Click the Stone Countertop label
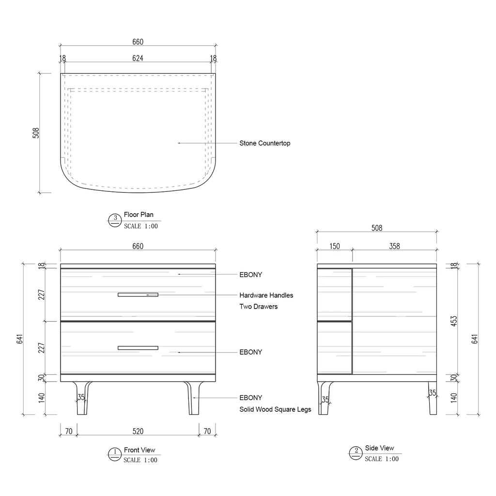(265, 143)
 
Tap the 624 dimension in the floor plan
(138, 58)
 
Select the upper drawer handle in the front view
(138, 294)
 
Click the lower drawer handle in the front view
(138, 348)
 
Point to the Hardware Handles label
(266, 295)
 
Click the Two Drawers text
(259, 307)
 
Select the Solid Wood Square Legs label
(275, 409)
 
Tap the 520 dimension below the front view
(138, 431)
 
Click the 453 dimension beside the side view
(454, 321)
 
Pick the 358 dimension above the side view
(394, 246)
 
